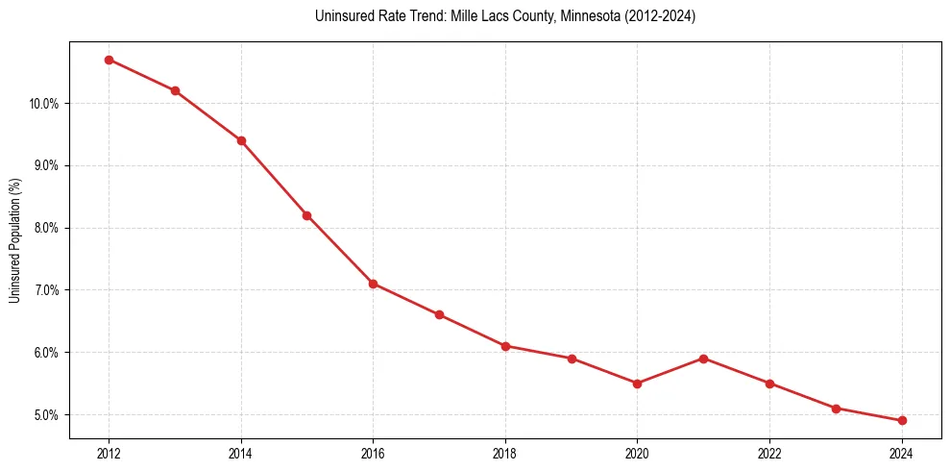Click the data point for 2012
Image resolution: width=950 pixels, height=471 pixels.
[109, 60]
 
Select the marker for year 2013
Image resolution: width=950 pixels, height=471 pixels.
[175, 90]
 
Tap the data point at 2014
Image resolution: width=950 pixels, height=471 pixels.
[241, 140]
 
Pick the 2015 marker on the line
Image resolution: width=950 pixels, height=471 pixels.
[306, 215]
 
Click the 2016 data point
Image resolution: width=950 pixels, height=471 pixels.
[373, 284]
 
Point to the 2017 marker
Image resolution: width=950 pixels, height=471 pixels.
[439, 314]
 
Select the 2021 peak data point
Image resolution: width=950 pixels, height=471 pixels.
[703, 359]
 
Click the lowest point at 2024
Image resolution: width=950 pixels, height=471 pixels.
[902, 420]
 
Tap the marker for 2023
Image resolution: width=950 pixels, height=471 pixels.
[836, 409]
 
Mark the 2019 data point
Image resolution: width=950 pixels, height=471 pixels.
[572, 359]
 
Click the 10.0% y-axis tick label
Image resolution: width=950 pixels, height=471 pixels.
[44, 104]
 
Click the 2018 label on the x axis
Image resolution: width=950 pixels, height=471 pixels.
[505, 454]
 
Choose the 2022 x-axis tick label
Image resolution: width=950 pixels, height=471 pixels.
[769, 454]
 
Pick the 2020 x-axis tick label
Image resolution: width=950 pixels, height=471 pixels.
[637, 454]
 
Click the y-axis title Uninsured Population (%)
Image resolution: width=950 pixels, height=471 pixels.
[14, 240]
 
